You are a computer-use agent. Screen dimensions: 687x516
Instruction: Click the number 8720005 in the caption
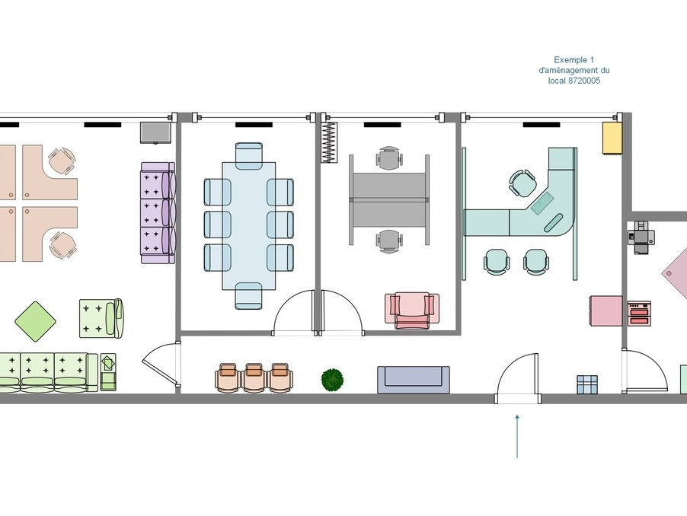pyautogui.click(x=584, y=81)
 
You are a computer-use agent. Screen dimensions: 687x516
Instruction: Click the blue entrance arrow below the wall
pyautogui.click(x=517, y=436)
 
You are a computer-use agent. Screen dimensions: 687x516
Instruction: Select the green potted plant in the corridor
pyautogui.click(x=333, y=380)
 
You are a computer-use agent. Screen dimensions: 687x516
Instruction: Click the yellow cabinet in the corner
pyautogui.click(x=612, y=138)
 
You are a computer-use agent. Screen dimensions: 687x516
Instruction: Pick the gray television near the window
pyautogui.click(x=155, y=132)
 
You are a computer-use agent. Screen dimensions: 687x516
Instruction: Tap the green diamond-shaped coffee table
pyautogui.click(x=36, y=321)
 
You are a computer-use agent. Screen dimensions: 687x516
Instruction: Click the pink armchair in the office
pyautogui.click(x=412, y=311)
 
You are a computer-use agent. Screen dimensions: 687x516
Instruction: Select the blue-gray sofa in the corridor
pyautogui.click(x=413, y=380)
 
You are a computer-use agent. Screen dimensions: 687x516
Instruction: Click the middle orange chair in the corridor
pyautogui.click(x=254, y=377)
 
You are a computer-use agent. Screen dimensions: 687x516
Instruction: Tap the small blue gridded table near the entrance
pyautogui.click(x=587, y=384)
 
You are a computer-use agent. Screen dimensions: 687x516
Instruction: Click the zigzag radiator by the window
pyautogui.click(x=329, y=142)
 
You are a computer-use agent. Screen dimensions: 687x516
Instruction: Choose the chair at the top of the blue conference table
pyautogui.click(x=249, y=155)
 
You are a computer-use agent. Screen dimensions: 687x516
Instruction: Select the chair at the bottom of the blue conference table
pyautogui.click(x=249, y=296)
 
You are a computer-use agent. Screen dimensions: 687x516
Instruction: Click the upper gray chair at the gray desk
pyautogui.click(x=389, y=158)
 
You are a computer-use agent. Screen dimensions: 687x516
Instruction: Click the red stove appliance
pyautogui.click(x=639, y=314)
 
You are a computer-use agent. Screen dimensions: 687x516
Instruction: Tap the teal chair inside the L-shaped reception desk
pyautogui.click(x=522, y=183)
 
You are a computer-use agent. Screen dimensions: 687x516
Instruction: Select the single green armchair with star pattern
pyautogui.click(x=101, y=318)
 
